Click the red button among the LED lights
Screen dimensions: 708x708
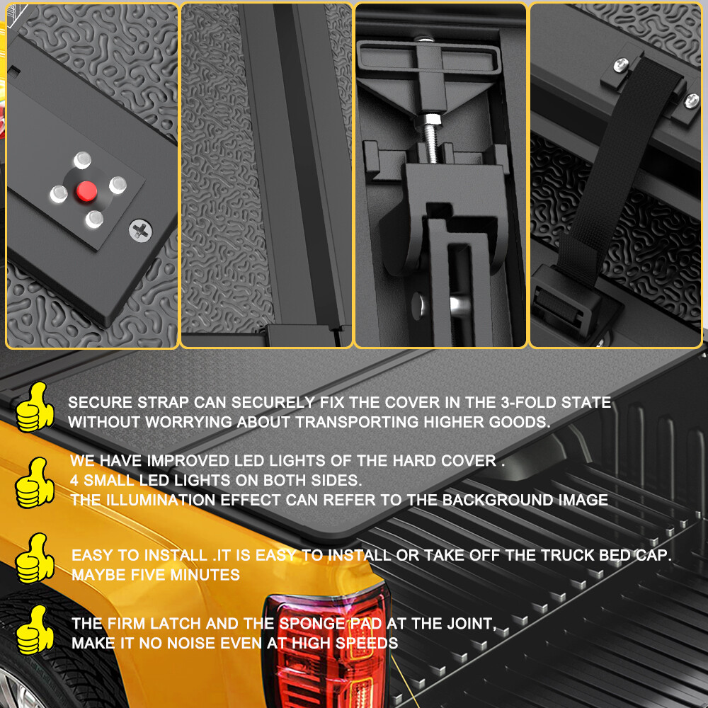pos(86,191)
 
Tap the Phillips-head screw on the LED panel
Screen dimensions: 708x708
pos(140,230)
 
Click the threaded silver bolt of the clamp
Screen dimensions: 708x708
pos(430,139)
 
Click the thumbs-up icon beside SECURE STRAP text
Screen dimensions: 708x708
pos(35,407)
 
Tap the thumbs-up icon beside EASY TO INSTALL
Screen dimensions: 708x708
pos(35,558)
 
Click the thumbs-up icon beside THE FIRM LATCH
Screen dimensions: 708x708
pos(35,630)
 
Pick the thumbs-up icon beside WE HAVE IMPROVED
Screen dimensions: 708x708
pos(35,483)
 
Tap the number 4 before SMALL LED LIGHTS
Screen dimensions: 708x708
pos(74,481)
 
